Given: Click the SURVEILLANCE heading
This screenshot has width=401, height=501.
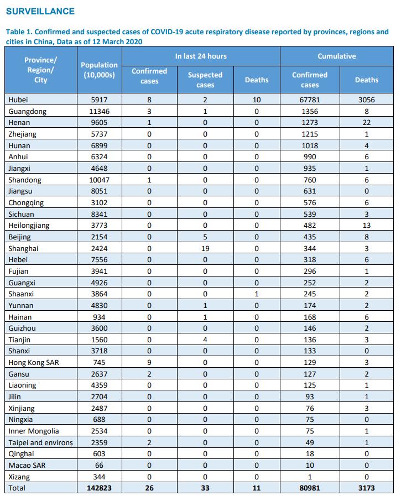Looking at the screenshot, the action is click(40, 11).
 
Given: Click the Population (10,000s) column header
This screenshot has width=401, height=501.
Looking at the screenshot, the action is click(99, 70).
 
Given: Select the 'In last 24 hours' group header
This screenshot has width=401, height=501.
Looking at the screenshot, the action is click(201, 56).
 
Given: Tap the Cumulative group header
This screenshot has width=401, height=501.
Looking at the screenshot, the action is click(336, 56).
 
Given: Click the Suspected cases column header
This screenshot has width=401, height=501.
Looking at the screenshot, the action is click(205, 80).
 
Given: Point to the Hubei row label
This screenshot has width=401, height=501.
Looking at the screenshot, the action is click(18, 100).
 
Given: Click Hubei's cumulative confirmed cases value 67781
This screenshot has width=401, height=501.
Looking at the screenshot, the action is click(310, 100).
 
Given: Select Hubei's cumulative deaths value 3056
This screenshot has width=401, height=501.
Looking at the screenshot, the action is click(367, 100).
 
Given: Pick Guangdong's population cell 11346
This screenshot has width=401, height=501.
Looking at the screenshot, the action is click(99, 111).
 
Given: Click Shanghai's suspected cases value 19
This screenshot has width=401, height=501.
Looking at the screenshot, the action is click(205, 248).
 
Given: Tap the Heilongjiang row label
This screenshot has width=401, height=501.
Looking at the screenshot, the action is click(29, 226).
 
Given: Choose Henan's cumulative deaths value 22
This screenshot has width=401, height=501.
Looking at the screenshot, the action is click(367, 123).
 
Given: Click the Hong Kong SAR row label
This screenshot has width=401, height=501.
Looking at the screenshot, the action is click(34, 362).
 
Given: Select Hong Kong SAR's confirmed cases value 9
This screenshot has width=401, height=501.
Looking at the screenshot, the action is click(149, 362).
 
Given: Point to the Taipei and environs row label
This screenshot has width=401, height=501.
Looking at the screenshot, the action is click(40, 442).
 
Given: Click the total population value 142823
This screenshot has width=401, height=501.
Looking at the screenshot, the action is click(99, 488).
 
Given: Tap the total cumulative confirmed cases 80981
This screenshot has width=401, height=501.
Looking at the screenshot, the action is click(310, 488).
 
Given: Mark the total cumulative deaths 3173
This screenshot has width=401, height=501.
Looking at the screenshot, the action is click(367, 488).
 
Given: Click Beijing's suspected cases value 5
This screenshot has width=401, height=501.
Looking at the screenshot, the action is click(205, 237).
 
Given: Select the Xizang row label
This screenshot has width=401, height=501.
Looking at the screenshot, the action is click(19, 477).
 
